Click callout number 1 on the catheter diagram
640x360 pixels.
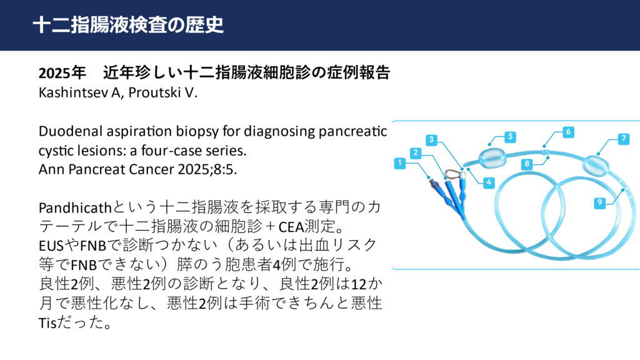tap(399, 163)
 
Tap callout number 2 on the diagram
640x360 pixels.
tap(416, 153)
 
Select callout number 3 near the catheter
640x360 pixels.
tap(431, 140)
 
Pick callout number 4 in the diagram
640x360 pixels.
tap(489, 182)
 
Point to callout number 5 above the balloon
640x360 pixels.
tap(510, 137)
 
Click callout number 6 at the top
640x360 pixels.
tap(568, 132)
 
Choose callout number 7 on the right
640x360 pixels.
tap(623, 139)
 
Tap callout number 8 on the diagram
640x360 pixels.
tap(527, 164)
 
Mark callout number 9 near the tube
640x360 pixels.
tap(599, 202)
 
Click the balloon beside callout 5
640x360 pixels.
tap(492, 157)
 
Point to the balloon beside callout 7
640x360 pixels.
tap(596, 166)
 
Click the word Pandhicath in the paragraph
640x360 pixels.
tap(75, 207)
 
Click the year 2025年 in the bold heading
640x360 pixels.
tap(62, 73)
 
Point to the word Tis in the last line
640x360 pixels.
tap(47, 323)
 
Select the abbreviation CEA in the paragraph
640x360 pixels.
tap(291, 227)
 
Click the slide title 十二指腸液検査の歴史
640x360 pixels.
tap(128, 25)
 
